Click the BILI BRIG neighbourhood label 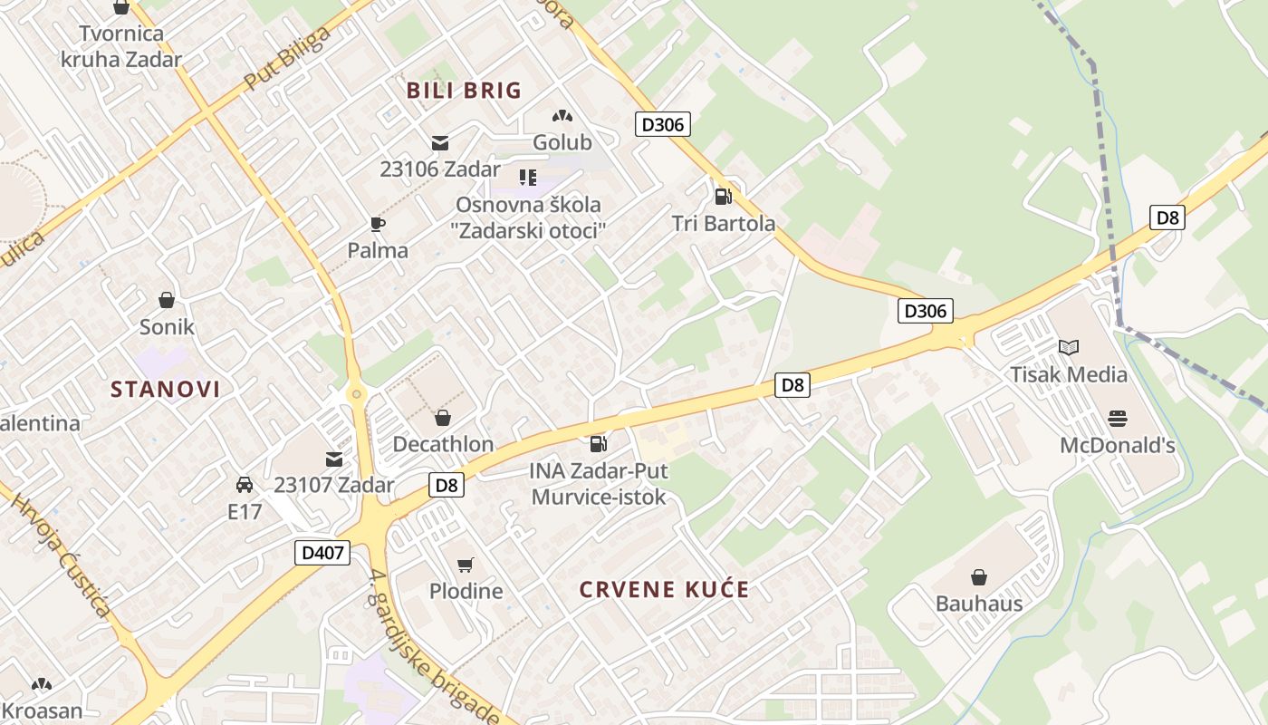coord(464,91)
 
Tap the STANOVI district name coord(166,390)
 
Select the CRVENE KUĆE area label coord(665,590)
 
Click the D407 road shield coord(322,552)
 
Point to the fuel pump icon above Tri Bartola coord(723,196)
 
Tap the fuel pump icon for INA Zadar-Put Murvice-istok coord(598,443)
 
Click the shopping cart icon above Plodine coord(466,565)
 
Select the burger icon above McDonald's coord(1118,419)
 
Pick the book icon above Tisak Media coord(1069,347)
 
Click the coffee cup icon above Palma coord(378,224)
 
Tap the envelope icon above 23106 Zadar coord(440,142)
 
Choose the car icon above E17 coord(245,485)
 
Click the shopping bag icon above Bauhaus coord(979,577)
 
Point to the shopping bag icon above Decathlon coord(443,418)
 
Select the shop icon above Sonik coord(167,300)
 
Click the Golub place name coord(562,142)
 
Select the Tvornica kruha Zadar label coord(121,47)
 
